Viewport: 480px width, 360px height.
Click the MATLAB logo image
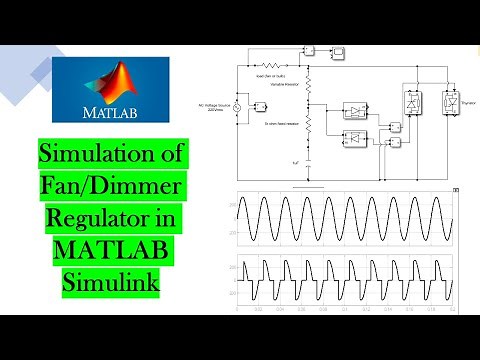tap(109, 90)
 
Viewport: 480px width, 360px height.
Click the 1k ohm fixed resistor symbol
tap(307, 125)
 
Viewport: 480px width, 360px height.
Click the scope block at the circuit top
tap(340, 49)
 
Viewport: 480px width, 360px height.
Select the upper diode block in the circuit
tap(355, 109)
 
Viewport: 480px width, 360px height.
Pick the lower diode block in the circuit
tap(355, 137)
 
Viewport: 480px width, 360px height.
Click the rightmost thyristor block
tap(440, 100)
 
